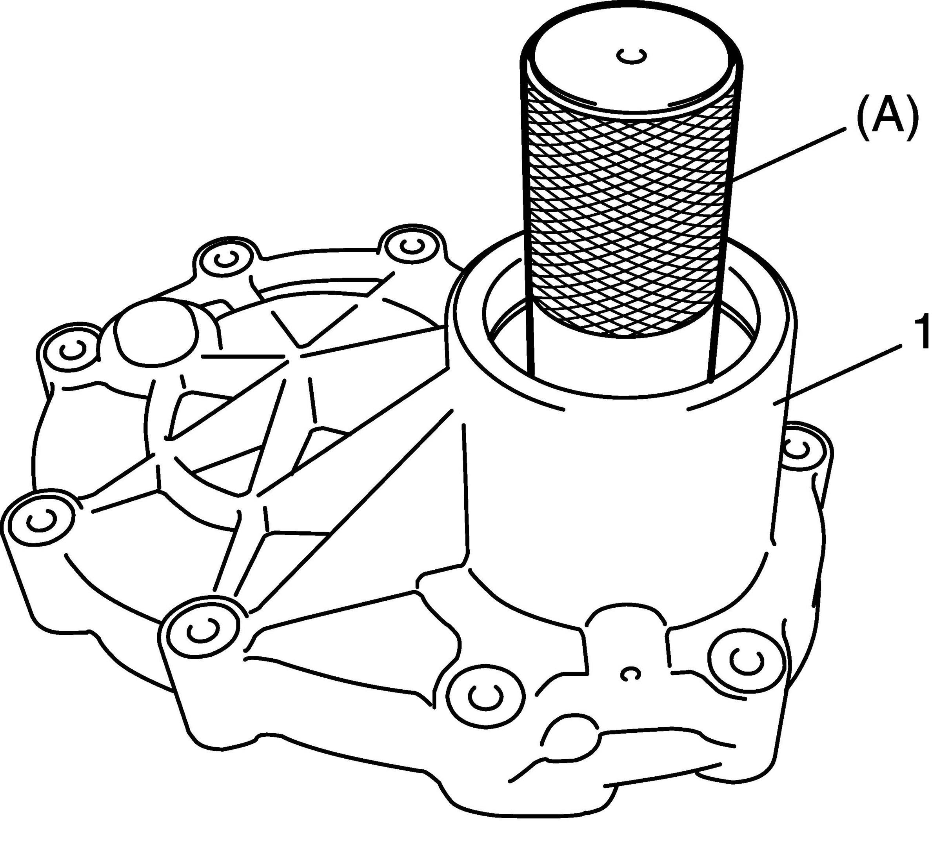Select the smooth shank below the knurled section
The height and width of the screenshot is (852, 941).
tap(621, 360)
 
